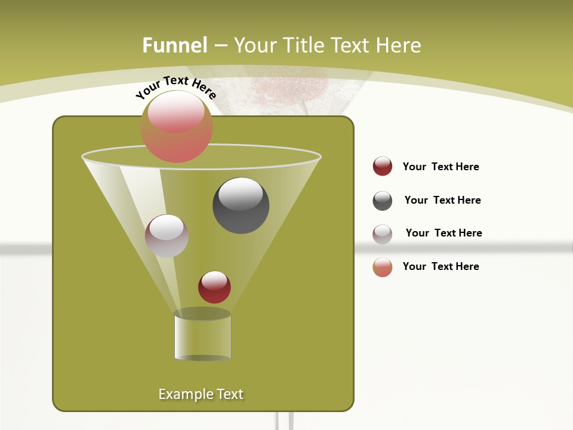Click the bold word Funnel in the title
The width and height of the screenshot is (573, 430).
pos(174,45)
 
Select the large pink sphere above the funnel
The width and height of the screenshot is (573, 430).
pos(177,127)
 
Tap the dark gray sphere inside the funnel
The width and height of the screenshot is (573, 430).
pos(241,205)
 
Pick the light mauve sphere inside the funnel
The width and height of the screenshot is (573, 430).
pos(167,235)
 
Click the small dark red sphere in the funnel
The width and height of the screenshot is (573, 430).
pos(214,287)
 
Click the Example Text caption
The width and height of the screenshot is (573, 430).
pos(201,394)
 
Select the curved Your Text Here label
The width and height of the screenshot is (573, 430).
pos(175,87)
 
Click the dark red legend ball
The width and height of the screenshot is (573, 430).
pos(383,166)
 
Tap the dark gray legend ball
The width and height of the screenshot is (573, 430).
pos(383,201)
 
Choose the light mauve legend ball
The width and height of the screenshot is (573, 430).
pos(383,234)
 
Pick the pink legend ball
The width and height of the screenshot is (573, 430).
pos(383,267)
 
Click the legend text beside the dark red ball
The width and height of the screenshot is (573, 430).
pos(440,167)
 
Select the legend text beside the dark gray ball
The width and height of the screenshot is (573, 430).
pos(442,200)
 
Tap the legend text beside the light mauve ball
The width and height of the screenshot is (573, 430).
pos(443,233)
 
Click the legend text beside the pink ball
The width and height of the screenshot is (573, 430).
pos(440,266)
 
